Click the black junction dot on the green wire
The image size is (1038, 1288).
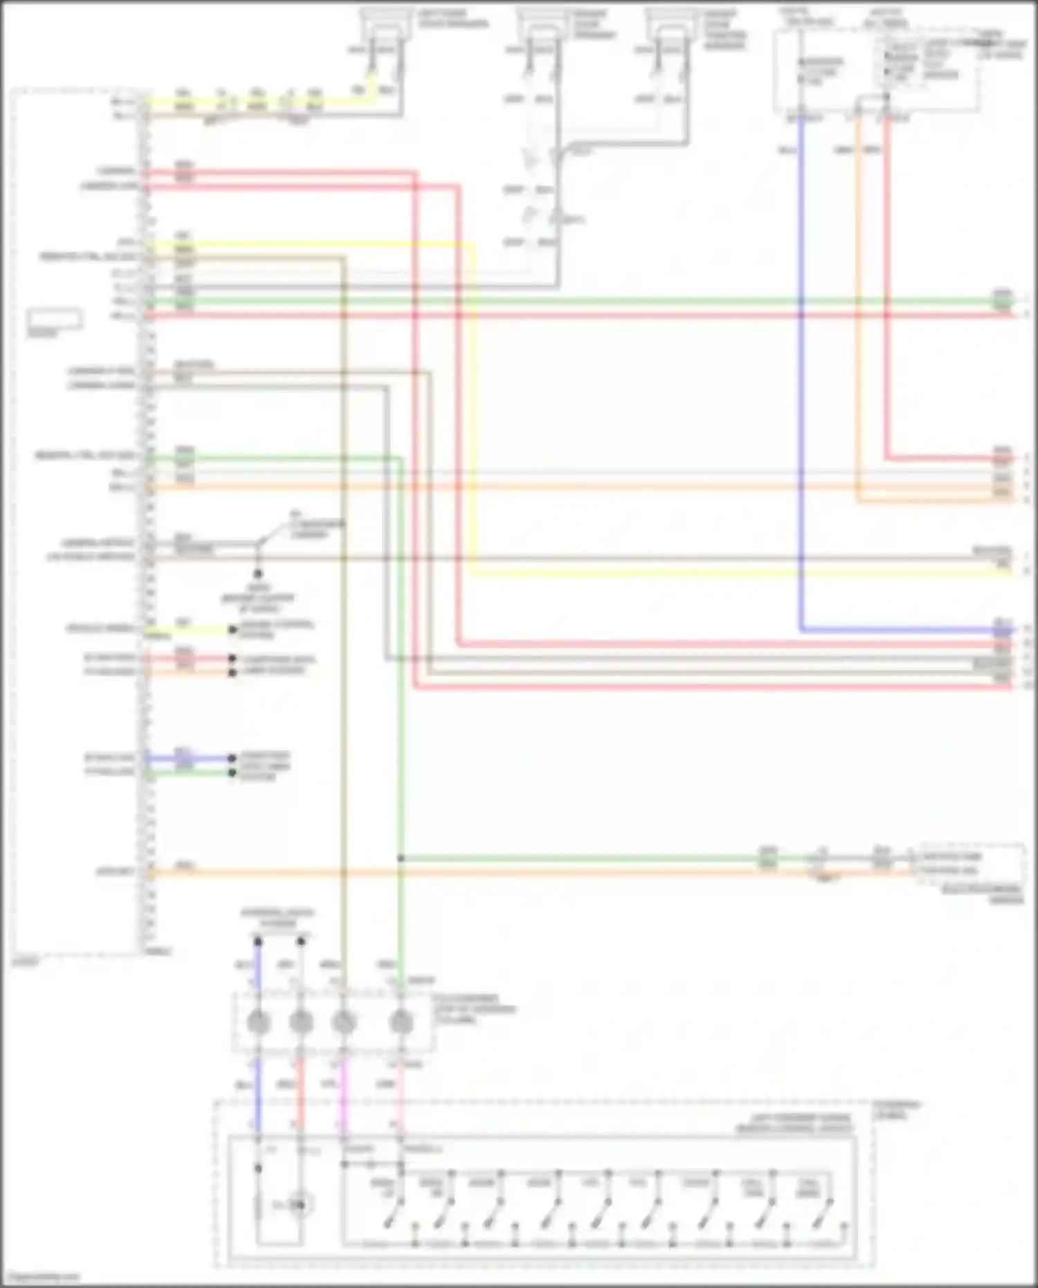(401, 859)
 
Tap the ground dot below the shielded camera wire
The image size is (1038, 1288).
(258, 574)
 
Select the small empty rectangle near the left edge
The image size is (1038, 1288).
(55, 319)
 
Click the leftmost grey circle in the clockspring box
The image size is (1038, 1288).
(259, 1022)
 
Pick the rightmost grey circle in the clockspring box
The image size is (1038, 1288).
(401, 1022)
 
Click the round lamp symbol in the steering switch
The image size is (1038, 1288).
(300, 1205)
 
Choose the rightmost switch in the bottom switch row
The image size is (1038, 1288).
(823, 1211)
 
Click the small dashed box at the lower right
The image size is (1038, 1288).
(970, 864)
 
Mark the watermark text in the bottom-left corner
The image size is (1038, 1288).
(42, 1278)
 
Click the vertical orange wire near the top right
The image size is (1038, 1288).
(858, 311)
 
